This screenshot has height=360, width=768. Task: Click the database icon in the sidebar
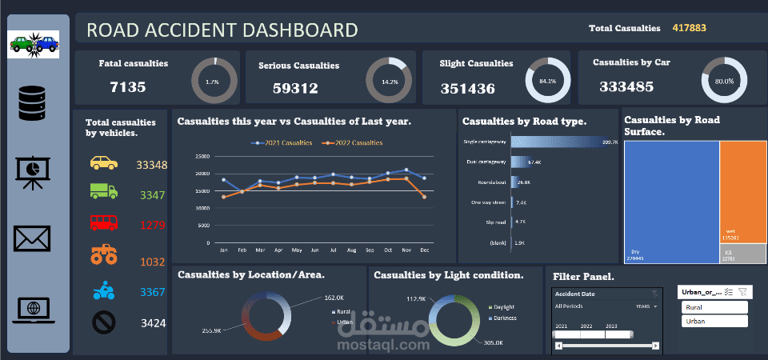click(x=34, y=103)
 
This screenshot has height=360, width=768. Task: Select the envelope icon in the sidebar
click(x=32, y=238)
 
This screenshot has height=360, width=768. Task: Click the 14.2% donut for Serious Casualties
click(x=389, y=81)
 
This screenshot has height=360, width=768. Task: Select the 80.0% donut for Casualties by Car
click(x=724, y=81)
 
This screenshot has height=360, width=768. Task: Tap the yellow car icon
click(x=104, y=164)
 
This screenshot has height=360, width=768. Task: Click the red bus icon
click(x=104, y=222)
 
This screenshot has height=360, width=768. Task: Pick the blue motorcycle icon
click(x=104, y=291)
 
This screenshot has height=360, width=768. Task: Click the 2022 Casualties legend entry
click(x=353, y=142)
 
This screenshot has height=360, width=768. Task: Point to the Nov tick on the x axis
click(x=406, y=250)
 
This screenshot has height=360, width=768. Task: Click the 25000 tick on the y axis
click(x=202, y=157)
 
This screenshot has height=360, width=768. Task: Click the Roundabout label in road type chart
click(x=490, y=182)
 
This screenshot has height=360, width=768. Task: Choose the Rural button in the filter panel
click(x=714, y=307)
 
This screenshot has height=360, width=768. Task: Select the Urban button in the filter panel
click(x=714, y=321)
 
